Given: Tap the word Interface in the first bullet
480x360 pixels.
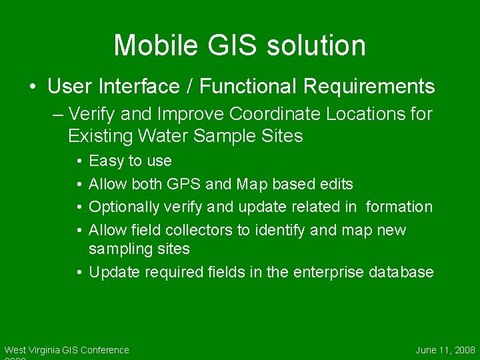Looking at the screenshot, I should coord(153,87).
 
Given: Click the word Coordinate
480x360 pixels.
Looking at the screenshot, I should coord(255,115).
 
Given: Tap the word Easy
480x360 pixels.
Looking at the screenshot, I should coord(107,161).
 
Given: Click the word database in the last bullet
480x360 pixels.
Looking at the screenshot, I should coord(403,273).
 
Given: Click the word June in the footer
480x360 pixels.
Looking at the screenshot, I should coord(426,350).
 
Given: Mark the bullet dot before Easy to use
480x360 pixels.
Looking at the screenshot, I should coord(79,161).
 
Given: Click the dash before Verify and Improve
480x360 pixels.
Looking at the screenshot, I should coord(57,115).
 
